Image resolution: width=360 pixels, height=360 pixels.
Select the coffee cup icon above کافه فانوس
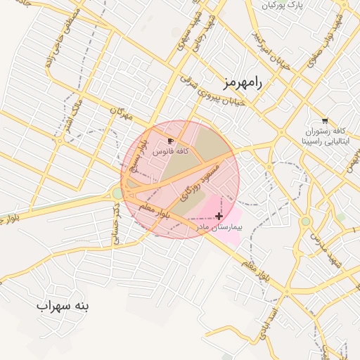(x=172, y=141)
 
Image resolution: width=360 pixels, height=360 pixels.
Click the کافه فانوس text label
(x=172, y=152)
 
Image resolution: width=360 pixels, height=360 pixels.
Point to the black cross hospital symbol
(x=219, y=216)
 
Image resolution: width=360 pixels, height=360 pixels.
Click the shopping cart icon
(x=324, y=120)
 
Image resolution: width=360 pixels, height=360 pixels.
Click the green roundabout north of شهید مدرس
(x=306, y=221)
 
